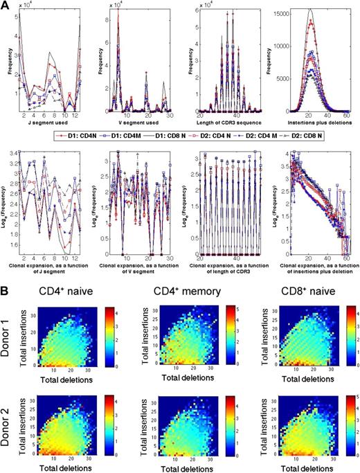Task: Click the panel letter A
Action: coord(6,6)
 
